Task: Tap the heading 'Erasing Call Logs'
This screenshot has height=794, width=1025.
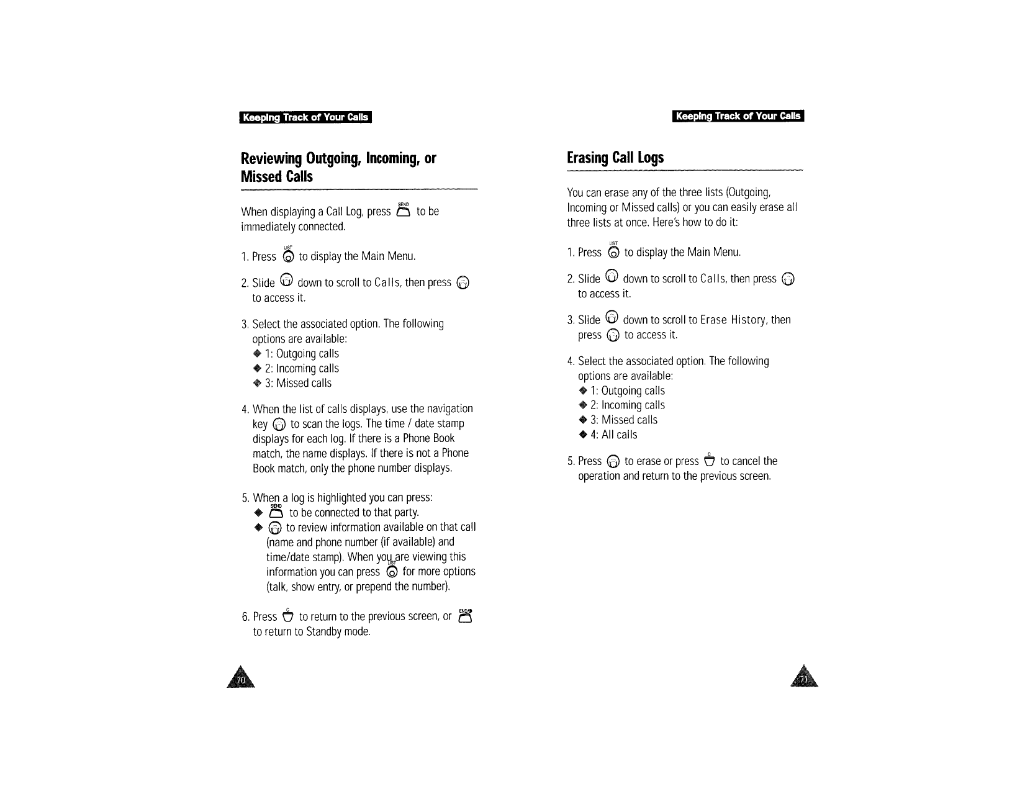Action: tap(615, 157)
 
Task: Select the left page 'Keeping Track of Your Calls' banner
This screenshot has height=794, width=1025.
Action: tap(305, 117)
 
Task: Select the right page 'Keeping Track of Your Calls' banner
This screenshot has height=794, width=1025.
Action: tap(738, 116)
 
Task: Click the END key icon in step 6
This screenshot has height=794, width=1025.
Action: tap(466, 615)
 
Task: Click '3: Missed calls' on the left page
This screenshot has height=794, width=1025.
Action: tap(298, 383)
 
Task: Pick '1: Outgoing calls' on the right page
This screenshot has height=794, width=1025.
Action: tap(627, 390)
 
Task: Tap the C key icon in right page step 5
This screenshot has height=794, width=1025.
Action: tap(709, 460)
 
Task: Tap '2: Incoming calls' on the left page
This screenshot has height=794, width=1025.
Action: tap(302, 368)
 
